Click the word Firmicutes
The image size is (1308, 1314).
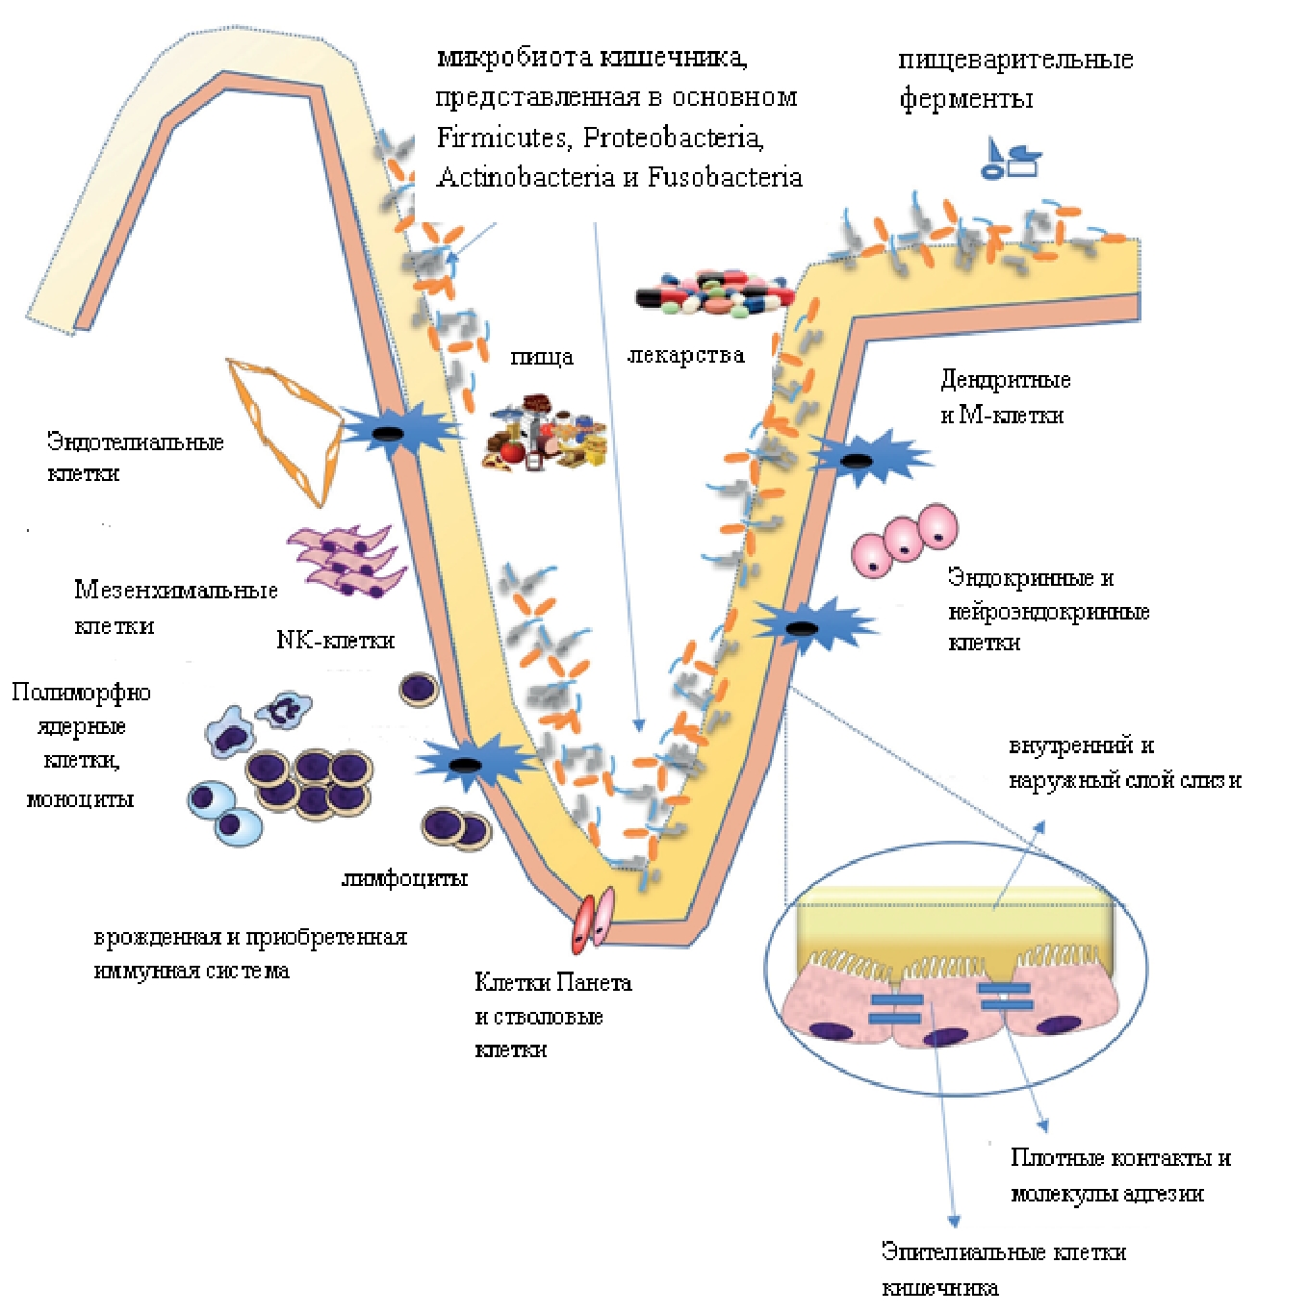[x=500, y=138]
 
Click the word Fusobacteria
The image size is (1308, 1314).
[x=724, y=177]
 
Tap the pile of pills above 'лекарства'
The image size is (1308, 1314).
[x=713, y=292]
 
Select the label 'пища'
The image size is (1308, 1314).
[x=542, y=357]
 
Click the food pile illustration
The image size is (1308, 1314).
[x=545, y=434]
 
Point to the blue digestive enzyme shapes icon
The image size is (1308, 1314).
[x=1011, y=160]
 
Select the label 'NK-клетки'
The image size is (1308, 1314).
[x=335, y=641]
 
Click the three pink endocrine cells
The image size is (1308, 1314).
[x=905, y=539]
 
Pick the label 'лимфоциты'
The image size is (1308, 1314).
[x=404, y=878]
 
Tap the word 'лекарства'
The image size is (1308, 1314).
[x=686, y=355]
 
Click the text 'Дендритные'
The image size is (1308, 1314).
[x=1005, y=380]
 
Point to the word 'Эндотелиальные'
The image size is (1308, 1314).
[x=136, y=442]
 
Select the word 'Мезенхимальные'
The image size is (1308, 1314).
[x=176, y=590]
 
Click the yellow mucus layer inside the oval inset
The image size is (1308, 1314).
[x=953, y=923]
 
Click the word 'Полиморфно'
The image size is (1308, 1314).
[x=82, y=693]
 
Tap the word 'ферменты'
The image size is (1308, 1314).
[x=966, y=99]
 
